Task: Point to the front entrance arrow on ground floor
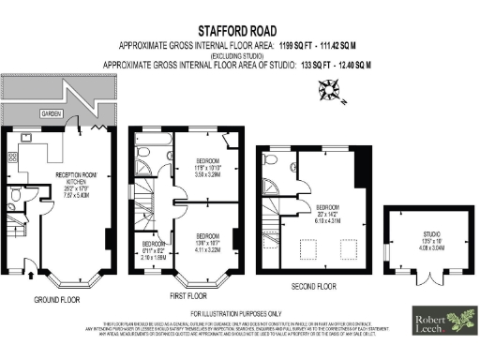click(33, 275)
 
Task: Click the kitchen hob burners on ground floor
click(13, 157)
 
